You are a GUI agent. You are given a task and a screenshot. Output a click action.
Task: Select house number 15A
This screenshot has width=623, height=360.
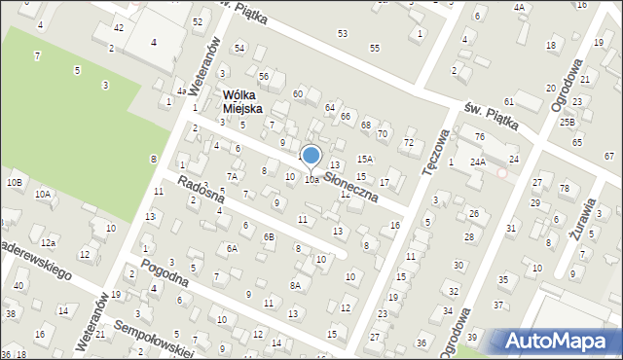point(365,158)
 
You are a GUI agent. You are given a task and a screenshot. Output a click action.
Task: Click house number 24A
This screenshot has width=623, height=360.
point(477,162)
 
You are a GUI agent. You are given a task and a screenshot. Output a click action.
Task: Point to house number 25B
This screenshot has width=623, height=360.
point(568,122)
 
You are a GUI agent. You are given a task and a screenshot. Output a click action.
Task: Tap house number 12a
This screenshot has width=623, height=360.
point(49,241)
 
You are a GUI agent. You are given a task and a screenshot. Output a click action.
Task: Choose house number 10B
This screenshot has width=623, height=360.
point(14,182)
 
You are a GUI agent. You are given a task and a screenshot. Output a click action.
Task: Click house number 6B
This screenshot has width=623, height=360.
point(269,236)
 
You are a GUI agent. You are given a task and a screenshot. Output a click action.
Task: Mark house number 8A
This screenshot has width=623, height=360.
point(295,285)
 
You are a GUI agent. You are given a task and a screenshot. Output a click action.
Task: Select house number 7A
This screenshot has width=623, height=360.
point(232,176)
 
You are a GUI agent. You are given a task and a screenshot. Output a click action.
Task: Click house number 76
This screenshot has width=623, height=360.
point(479,136)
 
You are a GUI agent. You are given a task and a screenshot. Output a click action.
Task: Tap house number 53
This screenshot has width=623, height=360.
point(342,33)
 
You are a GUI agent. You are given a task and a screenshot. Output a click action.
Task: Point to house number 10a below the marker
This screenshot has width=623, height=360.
point(311,180)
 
